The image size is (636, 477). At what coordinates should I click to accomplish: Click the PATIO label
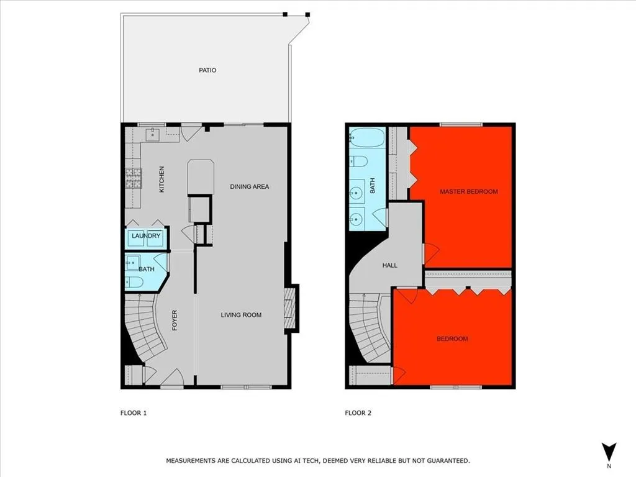207,70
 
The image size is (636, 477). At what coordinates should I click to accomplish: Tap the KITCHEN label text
162,179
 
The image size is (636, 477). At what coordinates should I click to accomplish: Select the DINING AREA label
249,186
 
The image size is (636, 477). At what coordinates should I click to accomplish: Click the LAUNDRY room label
146,236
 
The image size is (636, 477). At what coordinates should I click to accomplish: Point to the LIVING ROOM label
241,315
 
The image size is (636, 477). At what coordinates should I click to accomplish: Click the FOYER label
175,320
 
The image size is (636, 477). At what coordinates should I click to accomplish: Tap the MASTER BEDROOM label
468,191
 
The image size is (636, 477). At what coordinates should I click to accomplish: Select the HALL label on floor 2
389,265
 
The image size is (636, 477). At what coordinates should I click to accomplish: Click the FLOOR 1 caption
134,412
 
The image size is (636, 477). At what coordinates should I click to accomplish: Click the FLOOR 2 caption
358,412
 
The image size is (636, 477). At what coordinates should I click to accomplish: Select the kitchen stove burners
134,179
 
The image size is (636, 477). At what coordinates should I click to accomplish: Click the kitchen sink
153,134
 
